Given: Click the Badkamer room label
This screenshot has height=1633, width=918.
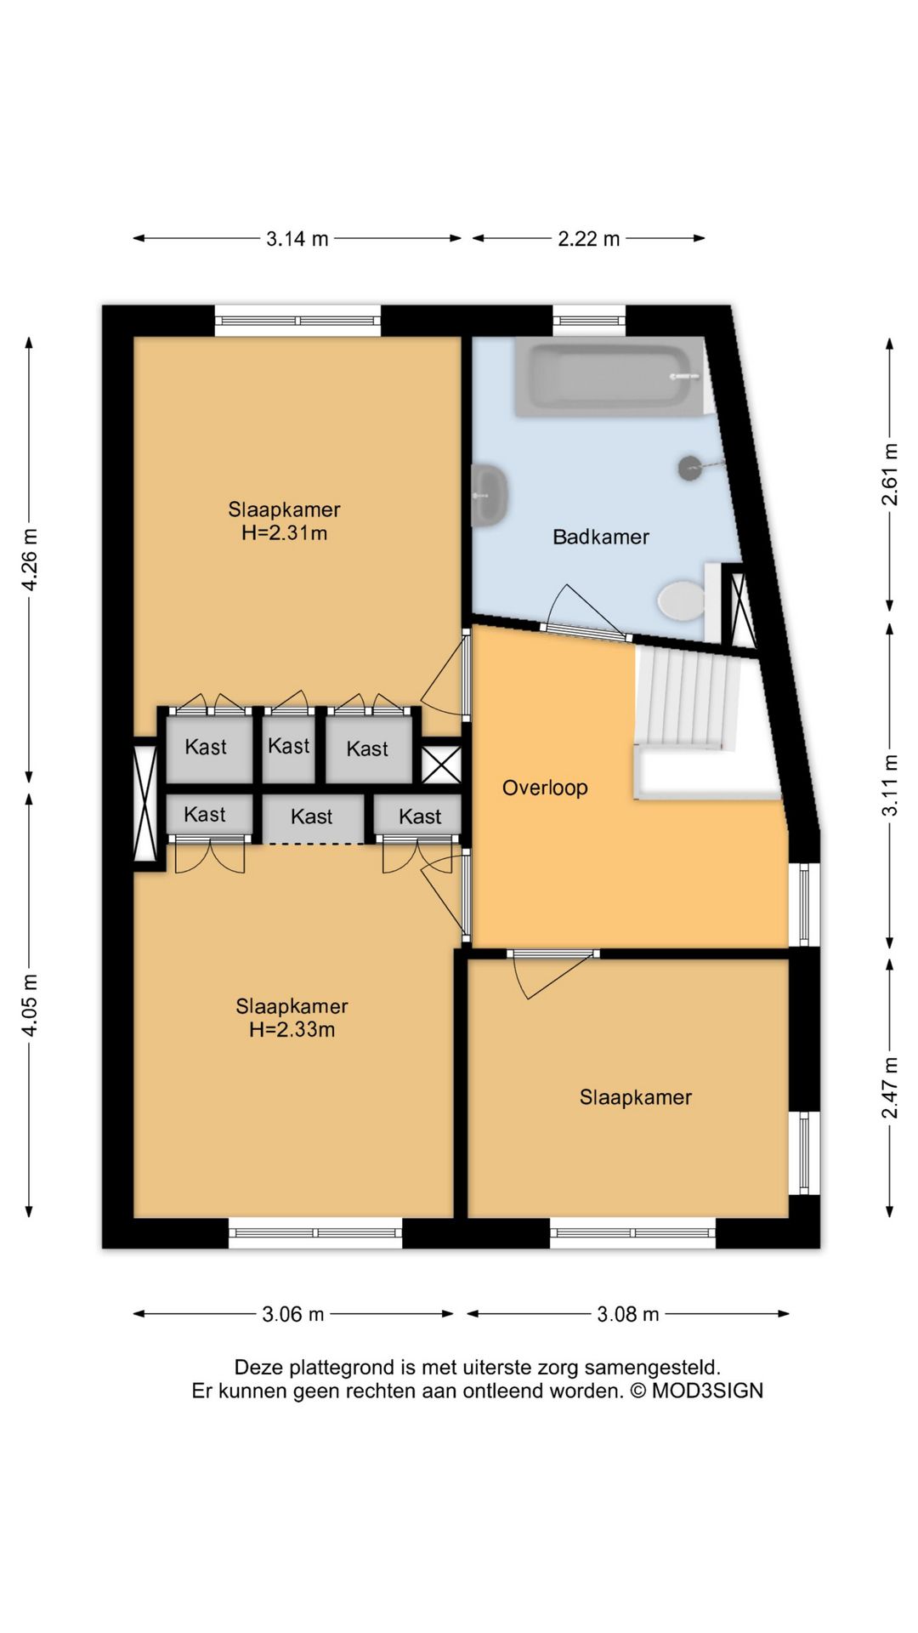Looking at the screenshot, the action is click(x=600, y=537).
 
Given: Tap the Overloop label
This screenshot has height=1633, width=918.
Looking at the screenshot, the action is click(x=545, y=788).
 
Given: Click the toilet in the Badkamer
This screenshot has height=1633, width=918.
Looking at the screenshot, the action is click(x=681, y=600).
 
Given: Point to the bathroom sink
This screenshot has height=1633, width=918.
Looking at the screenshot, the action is click(x=490, y=494).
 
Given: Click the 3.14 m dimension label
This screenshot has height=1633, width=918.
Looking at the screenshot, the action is click(x=297, y=239).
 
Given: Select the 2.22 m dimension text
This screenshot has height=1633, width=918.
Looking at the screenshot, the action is click(x=588, y=239).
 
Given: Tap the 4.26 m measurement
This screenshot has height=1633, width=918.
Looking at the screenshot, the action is click(x=29, y=559).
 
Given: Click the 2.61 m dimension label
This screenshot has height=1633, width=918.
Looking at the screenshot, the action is click(x=889, y=475).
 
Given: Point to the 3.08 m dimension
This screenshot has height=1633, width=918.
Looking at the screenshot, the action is click(x=628, y=1314).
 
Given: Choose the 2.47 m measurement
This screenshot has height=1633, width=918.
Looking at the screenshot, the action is click(x=889, y=1088).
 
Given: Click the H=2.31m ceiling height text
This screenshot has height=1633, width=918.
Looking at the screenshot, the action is click(x=284, y=533).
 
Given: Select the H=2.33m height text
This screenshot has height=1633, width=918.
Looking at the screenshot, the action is click(x=292, y=1030).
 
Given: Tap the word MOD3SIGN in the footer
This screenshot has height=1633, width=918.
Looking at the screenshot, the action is click(x=707, y=1391).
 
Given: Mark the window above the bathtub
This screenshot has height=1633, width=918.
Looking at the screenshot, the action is click(x=589, y=321).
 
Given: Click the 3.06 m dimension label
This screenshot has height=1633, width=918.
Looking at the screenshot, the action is click(x=293, y=1314).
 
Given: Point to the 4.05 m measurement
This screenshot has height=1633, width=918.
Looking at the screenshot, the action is click(x=29, y=1005).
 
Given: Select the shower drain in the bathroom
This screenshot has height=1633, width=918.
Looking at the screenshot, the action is click(x=689, y=467).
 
